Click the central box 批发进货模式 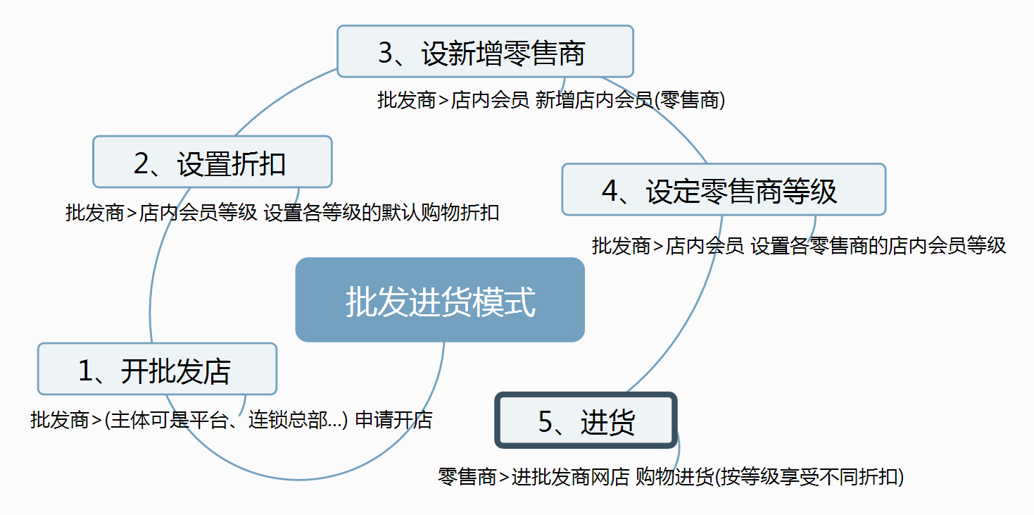point(440,299)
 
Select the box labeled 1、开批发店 point(158,369)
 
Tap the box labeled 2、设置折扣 point(213,161)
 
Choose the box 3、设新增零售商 point(485,51)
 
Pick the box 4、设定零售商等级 point(724,190)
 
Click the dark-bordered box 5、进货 point(586,420)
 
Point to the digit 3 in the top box point(386,52)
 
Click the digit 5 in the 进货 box point(546,422)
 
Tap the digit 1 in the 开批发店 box point(85,371)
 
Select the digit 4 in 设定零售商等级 point(610,191)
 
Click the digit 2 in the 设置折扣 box point(141,163)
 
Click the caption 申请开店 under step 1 point(393,420)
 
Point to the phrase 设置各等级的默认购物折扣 point(382,213)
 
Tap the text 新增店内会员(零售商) point(630,100)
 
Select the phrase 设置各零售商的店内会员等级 point(878,246)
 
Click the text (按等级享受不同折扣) point(809,477)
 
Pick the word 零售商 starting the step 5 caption point(467,477)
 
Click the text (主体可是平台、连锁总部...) point(226,420)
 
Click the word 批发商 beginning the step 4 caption point(621,246)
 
